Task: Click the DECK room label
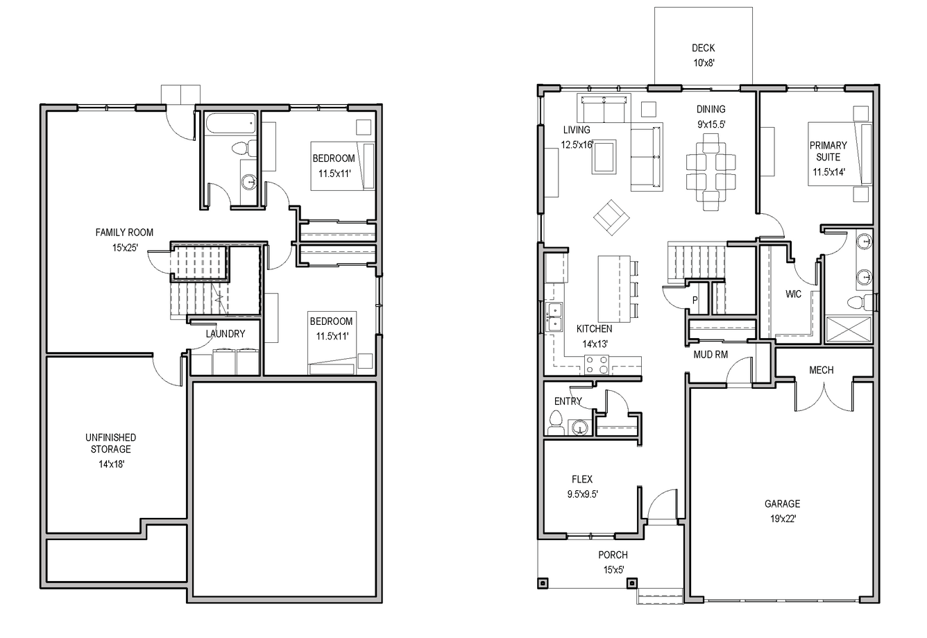(x=703, y=48)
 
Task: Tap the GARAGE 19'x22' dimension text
(x=783, y=519)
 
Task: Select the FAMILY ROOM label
(x=124, y=233)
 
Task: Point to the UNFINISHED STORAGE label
(x=110, y=443)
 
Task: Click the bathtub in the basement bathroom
(x=231, y=124)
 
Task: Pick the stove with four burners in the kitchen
(x=596, y=364)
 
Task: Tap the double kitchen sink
(x=554, y=317)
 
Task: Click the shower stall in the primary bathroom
(x=849, y=330)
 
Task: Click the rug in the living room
(x=604, y=157)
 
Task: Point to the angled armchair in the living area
(x=611, y=217)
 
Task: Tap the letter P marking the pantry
(x=695, y=300)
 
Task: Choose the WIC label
(x=793, y=294)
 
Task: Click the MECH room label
(x=822, y=370)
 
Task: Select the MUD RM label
(x=711, y=355)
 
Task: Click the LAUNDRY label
(x=226, y=334)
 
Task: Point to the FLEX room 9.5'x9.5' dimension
(x=583, y=494)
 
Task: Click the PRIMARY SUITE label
(x=828, y=151)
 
